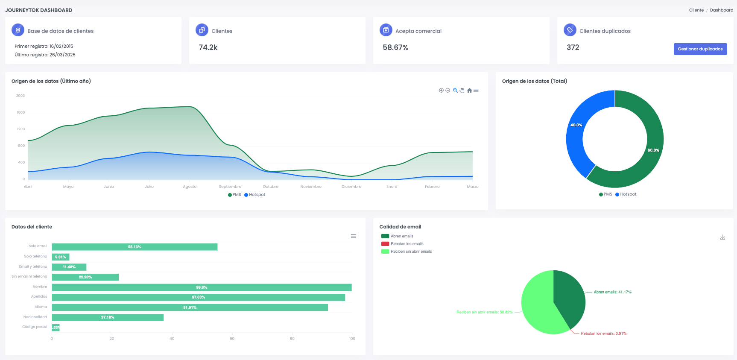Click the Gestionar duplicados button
[x=700, y=49]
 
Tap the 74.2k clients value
[x=208, y=47]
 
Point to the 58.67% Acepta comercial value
[x=395, y=47]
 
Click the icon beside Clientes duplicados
[x=570, y=30]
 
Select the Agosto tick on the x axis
[x=190, y=187]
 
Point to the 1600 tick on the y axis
[x=20, y=112]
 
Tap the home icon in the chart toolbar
[x=469, y=91]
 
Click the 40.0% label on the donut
[x=576, y=125]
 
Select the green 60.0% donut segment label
[x=653, y=150]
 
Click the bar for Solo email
[x=135, y=247]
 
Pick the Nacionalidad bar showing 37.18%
[x=108, y=317]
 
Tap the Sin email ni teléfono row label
[x=29, y=276]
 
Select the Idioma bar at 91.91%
[x=190, y=307]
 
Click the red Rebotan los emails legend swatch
[x=385, y=244]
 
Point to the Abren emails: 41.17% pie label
[x=612, y=292]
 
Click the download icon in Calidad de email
[x=722, y=237]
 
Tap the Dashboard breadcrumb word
[x=721, y=10]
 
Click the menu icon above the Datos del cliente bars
[x=353, y=236]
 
